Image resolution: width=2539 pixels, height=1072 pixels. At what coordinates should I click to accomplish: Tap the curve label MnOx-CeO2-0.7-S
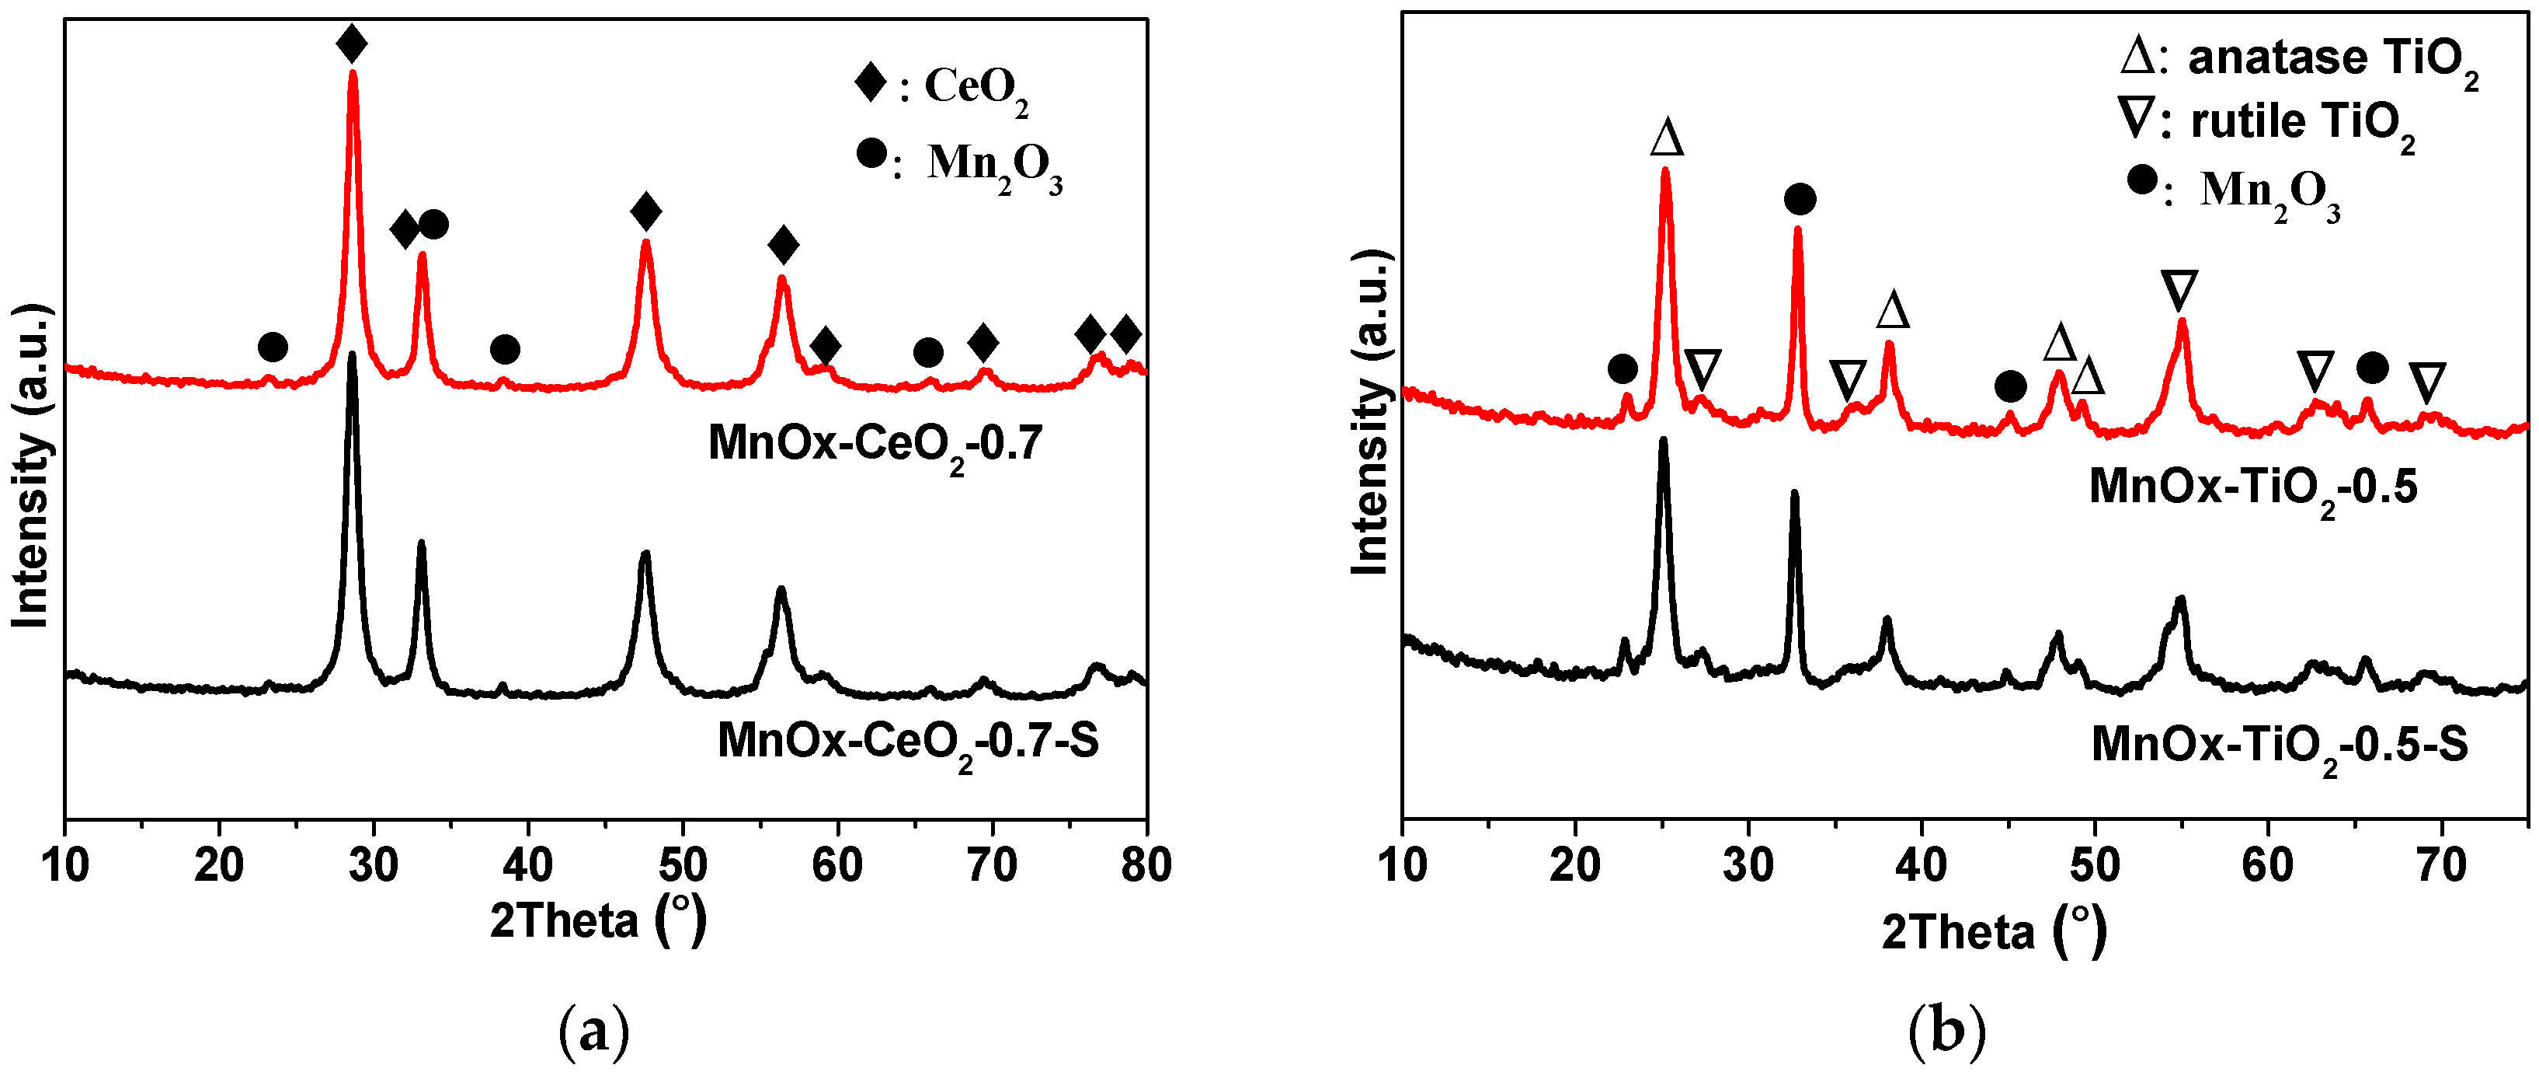908,742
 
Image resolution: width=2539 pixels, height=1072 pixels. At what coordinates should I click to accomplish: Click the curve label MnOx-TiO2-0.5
2253,488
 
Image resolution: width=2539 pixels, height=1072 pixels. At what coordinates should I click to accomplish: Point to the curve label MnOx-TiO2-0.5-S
2280,745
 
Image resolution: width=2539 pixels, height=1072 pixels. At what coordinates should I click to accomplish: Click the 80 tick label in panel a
1146,865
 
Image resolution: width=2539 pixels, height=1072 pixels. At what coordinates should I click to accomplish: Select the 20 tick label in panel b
1575,865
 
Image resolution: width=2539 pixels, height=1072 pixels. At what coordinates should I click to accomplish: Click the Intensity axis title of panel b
1370,412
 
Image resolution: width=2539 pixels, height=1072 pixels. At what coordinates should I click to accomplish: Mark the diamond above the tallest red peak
352,44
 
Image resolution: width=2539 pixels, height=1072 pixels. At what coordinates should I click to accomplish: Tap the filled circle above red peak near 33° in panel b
1800,199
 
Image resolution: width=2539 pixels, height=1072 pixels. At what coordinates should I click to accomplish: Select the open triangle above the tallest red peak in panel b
1667,138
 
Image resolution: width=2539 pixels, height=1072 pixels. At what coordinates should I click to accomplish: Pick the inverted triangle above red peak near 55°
2179,290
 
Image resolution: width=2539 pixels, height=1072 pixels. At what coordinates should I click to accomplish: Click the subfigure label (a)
593,1032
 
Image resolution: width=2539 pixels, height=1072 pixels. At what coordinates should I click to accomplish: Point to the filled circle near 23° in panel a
273,347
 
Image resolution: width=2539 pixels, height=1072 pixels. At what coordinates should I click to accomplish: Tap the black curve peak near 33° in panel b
1794,493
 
